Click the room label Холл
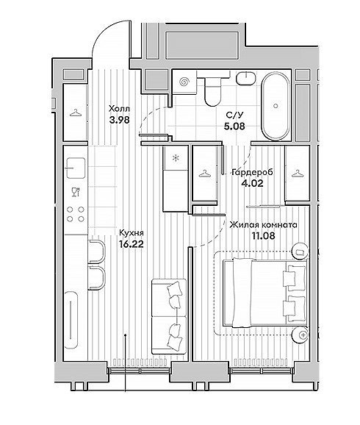[119, 109]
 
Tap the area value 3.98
[120, 120]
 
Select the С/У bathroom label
[234, 115]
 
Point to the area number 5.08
[234, 126]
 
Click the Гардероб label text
[253, 172]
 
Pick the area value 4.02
[252, 184]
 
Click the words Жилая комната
[263, 225]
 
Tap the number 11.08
[264, 236]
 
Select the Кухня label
[132, 233]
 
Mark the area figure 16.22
[131, 244]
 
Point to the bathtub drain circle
[276, 106]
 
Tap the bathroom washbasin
[246, 79]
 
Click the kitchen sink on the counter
[76, 168]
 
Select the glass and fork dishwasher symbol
[76, 192]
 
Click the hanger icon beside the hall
[76, 113]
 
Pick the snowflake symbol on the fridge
[176, 158]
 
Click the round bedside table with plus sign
[301, 335]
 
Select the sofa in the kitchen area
[169, 316]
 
